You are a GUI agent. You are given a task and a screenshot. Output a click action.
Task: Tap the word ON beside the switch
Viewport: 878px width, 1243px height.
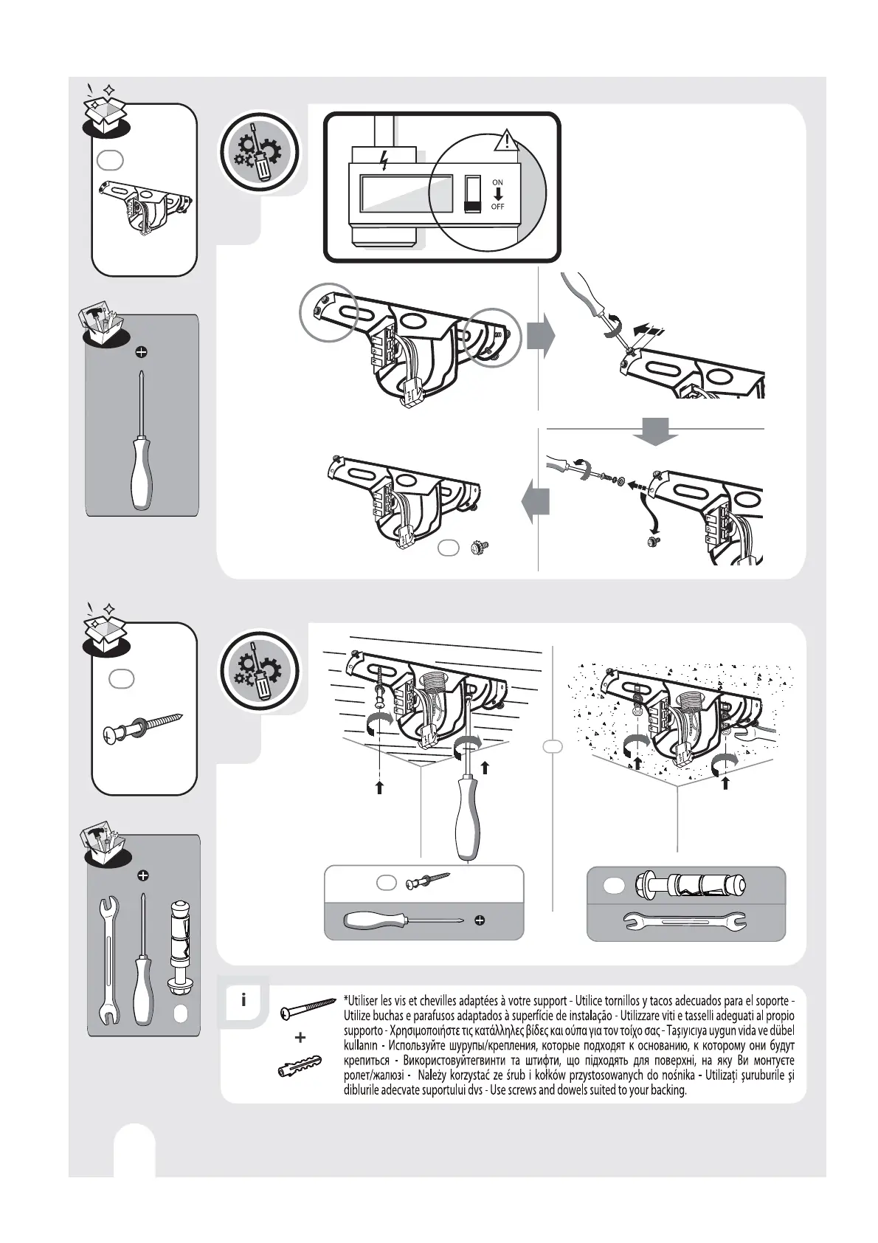pyautogui.click(x=498, y=182)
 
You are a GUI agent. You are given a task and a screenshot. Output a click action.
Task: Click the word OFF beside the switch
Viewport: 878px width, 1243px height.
pyautogui.click(x=498, y=207)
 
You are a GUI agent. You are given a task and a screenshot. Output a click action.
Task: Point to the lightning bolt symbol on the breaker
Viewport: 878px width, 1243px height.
pyautogui.click(x=384, y=160)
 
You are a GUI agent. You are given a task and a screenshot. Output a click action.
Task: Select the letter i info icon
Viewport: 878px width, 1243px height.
pyautogui.click(x=243, y=1001)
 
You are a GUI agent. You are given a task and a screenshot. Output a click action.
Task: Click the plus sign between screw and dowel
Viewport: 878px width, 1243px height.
pyautogui.click(x=300, y=1037)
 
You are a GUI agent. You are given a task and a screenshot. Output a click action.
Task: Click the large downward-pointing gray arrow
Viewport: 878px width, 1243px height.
pyautogui.click(x=656, y=431)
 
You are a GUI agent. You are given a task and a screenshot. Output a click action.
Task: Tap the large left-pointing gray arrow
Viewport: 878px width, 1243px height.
pyautogui.click(x=535, y=505)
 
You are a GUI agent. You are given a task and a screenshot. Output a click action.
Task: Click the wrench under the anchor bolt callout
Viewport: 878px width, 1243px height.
pyautogui.click(x=685, y=921)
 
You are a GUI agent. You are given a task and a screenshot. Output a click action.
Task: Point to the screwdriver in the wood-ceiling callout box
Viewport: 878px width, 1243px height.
pyautogui.click(x=402, y=920)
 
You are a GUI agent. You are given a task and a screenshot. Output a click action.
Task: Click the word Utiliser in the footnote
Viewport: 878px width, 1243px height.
pyautogui.click(x=364, y=1001)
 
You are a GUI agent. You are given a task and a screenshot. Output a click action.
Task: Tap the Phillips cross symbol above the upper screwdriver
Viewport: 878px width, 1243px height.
pyautogui.click(x=141, y=352)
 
